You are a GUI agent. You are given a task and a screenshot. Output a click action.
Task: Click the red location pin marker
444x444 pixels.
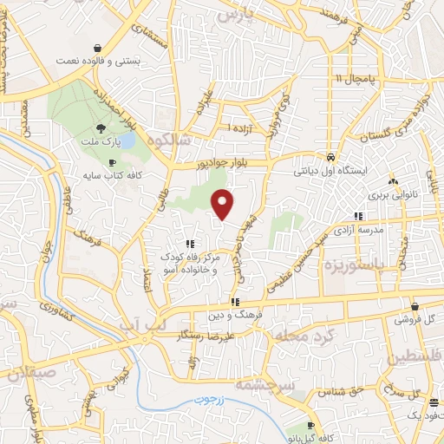pyautogui.click(x=224, y=204)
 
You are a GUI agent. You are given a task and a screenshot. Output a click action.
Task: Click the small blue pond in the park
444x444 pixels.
pyautogui.click(x=127, y=139)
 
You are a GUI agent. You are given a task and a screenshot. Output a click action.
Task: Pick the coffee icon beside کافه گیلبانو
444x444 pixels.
pyautogui.click(x=312, y=427)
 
